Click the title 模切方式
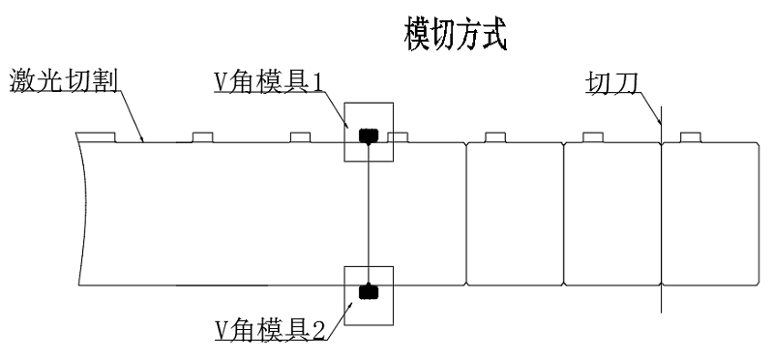tap(456, 34)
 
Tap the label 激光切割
tap(64, 81)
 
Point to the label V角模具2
tap(270, 330)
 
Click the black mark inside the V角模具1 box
tap(369, 135)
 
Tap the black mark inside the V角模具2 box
tap(369, 292)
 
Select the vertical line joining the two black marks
tap(369, 214)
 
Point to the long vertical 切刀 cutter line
tap(661, 210)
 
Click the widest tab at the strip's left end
tap(96, 137)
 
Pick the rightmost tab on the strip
tap(691, 137)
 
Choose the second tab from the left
tap(202, 137)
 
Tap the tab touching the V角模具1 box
tap(398, 137)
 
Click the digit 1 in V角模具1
tap(317, 83)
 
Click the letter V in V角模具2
tap(221, 331)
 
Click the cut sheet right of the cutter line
tap(710, 214)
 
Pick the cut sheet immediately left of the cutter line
tap(612, 214)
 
